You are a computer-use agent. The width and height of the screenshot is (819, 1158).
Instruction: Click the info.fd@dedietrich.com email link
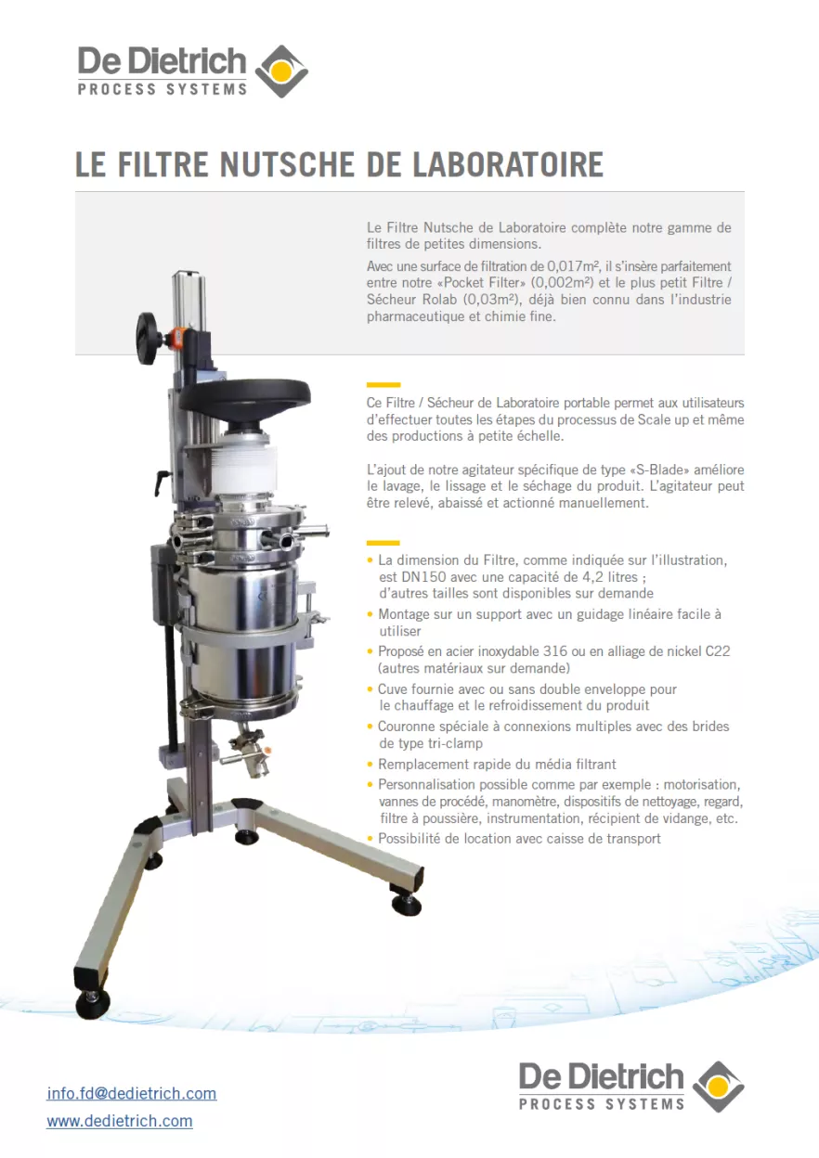[131, 1093]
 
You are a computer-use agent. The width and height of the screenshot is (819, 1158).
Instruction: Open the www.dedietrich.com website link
[120, 1121]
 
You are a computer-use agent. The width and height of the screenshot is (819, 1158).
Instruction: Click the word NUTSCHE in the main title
[285, 165]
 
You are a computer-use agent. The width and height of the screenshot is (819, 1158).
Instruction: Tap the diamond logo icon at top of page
[280, 71]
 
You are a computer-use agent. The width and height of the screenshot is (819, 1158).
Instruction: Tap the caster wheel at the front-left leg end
[93, 1003]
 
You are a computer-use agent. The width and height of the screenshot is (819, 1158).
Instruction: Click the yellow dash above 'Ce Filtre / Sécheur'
[383, 384]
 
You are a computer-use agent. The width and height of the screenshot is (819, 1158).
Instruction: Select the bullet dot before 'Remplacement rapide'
[371, 765]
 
